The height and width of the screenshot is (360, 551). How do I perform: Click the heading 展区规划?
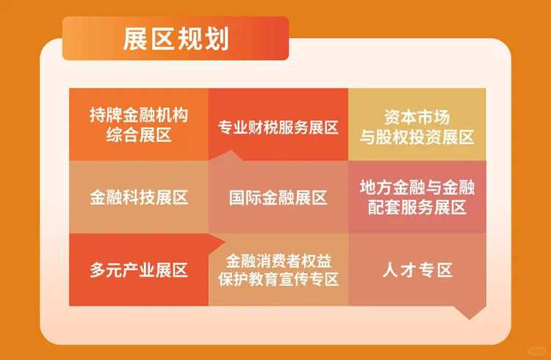tap(176, 39)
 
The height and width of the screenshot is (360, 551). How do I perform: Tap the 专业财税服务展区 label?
tap(278, 128)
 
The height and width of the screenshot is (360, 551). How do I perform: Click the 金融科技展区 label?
tap(139, 198)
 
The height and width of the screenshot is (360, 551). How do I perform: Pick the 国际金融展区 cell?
tap(278, 198)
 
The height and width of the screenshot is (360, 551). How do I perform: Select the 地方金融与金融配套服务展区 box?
tap(417, 198)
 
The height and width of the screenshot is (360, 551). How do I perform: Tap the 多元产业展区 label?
tap(139, 270)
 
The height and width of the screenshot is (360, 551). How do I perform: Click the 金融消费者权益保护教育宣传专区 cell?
tap(278, 270)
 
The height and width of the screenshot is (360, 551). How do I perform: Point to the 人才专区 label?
tap(417, 270)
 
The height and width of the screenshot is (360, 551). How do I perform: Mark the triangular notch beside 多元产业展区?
tap(217, 243)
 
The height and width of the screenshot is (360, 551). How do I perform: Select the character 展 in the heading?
tap(136, 39)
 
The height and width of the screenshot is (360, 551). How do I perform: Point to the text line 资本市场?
tap(417, 116)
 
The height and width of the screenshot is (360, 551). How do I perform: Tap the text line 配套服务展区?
tap(417, 207)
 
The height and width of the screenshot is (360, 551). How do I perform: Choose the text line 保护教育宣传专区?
tap(278, 279)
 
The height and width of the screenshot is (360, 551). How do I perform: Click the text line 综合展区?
tap(139, 134)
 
